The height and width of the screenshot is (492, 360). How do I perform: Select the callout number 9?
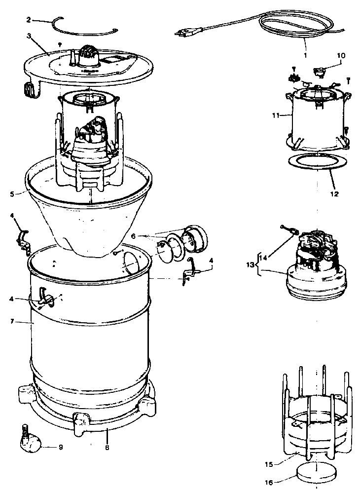(x=60, y=448)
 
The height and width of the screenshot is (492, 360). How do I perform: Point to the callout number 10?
(x=341, y=56)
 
